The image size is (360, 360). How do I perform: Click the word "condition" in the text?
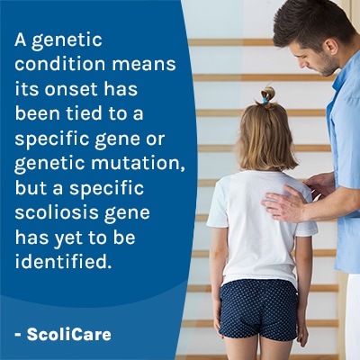(x=60, y=64)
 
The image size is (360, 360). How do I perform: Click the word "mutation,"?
(x=138, y=164)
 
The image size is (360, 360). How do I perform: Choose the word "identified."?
(x=61, y=262)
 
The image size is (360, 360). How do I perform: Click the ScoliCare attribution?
(x=63, y=335)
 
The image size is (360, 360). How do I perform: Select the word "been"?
(x=33, y=113)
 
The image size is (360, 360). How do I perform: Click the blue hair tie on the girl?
(x=265, y=101)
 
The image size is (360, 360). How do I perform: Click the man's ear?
(x=331, y=46)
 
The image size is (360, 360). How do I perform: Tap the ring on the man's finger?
(x=290, y=204)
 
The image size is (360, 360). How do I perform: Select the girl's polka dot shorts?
(x=258, y=310)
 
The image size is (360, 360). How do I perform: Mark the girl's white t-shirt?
(x=261, y=228)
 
